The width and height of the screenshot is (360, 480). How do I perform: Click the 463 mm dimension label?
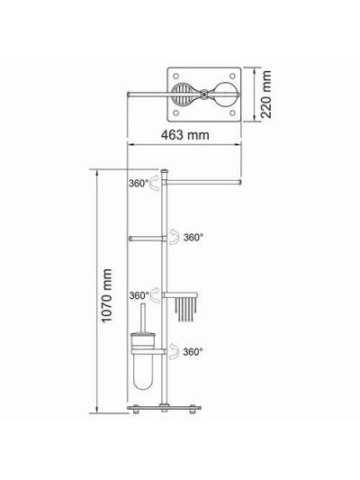pyautogui.click(x=185, y=135)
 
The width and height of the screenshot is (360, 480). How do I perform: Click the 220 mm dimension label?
pyautogui.click(x=265, y=95)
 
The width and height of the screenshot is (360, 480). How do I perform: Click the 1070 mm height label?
pyautogui.click(x=107, y=295)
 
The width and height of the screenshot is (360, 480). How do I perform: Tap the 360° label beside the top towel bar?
pyautogui.click(x=139, y=184)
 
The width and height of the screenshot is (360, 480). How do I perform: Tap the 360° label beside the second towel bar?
pyautogui.click(x=193, y=237)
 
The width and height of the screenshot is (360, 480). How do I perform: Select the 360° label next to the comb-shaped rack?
pyautogui.click(x=139, y=295)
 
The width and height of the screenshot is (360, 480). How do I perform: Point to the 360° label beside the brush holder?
pyautogui.click(x=193, y=352)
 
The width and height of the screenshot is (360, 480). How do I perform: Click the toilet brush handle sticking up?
pyautogui.click(x=143, y=319)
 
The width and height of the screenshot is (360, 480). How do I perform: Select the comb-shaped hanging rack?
pyautogui.click(x=185, y=309)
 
